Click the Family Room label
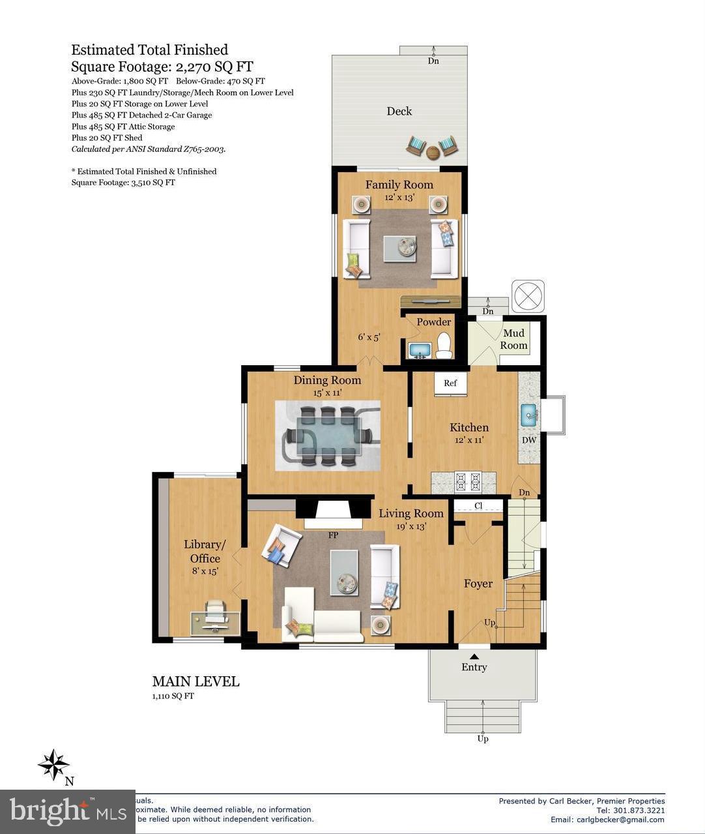(x=399, y=185)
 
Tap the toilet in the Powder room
(x=444, y=346)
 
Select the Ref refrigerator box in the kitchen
(x=450, y=384)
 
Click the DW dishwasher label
(x=529, y=440)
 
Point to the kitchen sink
(x=528, y=413)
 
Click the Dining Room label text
(x=327, y=381)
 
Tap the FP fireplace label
(x=333, y=535)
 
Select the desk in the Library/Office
(x=215, y=623)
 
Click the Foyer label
(x=478, y=584)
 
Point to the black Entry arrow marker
(x=474, y=657)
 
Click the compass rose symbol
(x=53, y=764)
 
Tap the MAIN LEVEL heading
(x=195, y=681)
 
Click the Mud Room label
(x=513, y=339)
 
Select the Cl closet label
(x=478, y=506)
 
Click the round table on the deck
(x=433, y=153)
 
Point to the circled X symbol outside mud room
(x=527, y=297)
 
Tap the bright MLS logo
(x=68, y=811)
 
